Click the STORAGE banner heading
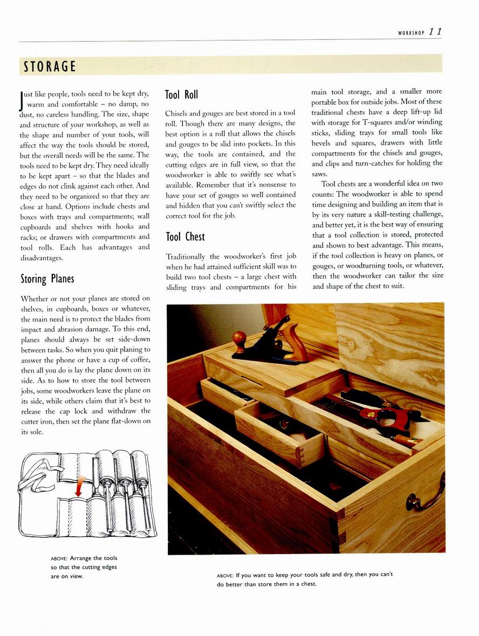[50, 67]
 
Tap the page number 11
[435, 32]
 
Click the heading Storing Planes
[47, 279]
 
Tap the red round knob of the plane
[239, 338]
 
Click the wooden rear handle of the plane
[295, 344]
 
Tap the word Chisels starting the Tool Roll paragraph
[179, 113]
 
